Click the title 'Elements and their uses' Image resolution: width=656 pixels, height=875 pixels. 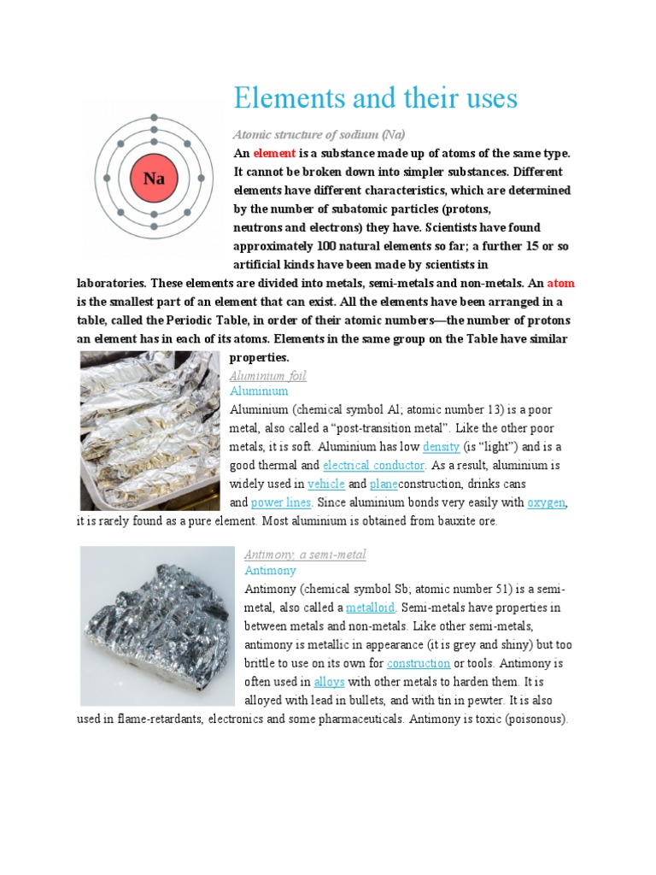click(376, 99)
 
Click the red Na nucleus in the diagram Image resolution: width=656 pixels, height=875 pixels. click(154, 179)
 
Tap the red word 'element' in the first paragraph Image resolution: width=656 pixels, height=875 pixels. click(273, 153)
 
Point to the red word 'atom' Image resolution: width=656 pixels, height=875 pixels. click(560, 283)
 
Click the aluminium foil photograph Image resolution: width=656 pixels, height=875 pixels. click(149, 431)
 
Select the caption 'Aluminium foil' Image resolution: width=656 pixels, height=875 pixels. click(268, 376)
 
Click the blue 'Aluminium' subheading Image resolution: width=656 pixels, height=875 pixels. click(260, 391)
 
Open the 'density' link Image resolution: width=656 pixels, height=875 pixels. click(442, 447)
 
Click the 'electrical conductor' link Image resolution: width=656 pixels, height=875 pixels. click(373, 466)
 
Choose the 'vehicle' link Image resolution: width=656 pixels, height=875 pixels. click(325, 484)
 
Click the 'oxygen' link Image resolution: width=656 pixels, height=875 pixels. click(546, 503)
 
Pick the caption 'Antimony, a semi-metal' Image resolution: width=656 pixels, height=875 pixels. click(305, 555)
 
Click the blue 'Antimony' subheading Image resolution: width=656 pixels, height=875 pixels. click(270, 570)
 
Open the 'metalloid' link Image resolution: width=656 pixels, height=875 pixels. click(370, 608)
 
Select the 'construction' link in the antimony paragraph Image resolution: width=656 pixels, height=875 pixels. click(419, 663)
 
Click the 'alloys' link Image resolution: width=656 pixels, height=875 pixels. click(329, 682)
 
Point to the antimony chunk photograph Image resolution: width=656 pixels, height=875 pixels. click(156, 625)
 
